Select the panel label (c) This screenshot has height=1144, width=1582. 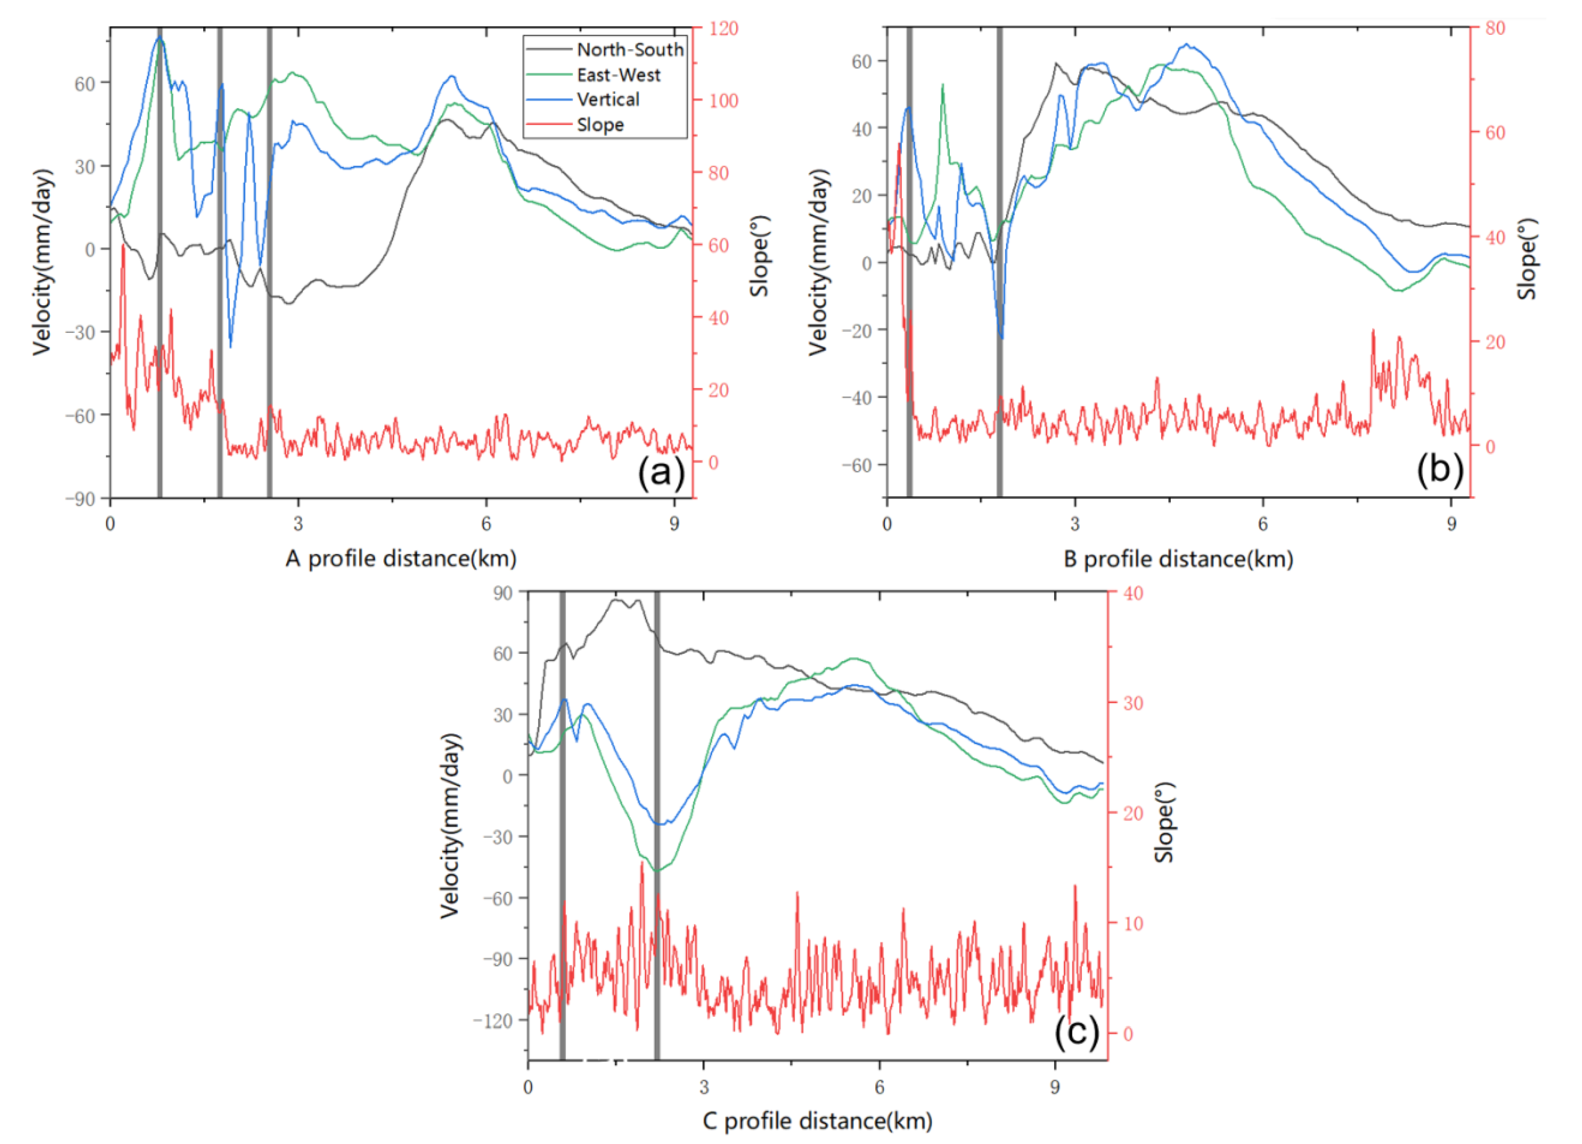pos(1076,1031)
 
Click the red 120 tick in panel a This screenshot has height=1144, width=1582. pos(723,29)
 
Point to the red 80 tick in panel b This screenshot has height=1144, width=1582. pos(1495,29)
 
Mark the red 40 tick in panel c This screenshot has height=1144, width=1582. pos(1133,593)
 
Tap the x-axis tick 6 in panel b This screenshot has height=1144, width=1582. pos(1263,524)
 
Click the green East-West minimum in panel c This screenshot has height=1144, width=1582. pos(657,871)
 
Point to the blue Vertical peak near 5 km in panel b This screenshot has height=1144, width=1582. pos(1187,45)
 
